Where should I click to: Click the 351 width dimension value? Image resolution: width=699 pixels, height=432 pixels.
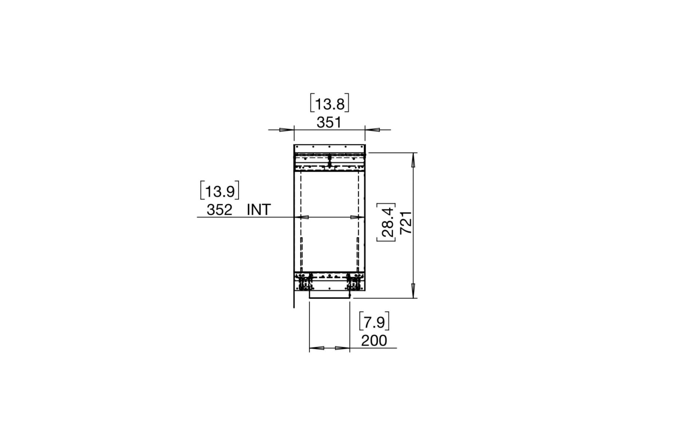tap(329, 123)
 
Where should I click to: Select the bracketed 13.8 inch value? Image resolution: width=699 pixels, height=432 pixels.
tap(329, 104)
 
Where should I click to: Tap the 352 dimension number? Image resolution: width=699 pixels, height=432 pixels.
tap(220, 210)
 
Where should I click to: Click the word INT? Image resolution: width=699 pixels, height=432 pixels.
tap(259, 210)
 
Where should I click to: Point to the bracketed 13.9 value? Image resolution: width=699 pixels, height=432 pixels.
tap(220, 191)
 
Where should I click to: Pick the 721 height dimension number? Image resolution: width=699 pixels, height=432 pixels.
tap(406, 222)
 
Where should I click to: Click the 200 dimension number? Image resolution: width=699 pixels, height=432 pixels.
tap(374, 341)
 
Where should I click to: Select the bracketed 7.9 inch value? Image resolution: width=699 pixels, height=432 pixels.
tap(374, 322)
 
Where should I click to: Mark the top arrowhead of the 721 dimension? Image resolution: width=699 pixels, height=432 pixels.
tap(413, 160)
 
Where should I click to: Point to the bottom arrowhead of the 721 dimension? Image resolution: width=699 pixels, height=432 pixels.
tap(413, 290)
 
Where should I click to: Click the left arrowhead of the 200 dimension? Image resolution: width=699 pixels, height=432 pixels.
tap(317, 348)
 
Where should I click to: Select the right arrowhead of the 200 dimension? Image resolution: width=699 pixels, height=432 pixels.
tap(342, 348)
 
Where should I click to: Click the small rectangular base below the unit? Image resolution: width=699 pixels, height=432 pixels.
tap(329, 294)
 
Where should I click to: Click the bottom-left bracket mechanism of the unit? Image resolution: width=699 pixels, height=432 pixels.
tap(305, 282)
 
